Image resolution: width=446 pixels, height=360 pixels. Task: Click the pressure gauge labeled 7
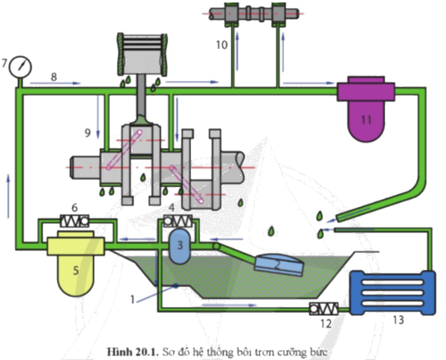coord(20,67)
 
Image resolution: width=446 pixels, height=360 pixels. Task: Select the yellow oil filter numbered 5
coord(76,262)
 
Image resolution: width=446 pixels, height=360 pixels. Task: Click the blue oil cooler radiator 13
coord(392,293)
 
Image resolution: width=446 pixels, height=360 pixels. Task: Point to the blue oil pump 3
coord(180,245)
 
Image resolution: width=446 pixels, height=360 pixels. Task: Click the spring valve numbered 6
coord(75,221)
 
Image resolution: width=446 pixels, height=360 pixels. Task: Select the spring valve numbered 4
coord(178,221)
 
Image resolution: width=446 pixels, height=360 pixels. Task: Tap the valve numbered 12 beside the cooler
coord(324,309)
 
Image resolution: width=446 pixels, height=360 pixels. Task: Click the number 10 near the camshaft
coord(221,45)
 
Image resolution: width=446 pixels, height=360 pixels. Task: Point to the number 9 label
coord(88,133)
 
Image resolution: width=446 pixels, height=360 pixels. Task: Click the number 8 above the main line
coord(54,77)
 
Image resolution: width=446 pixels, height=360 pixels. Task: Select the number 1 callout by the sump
coord(132,299)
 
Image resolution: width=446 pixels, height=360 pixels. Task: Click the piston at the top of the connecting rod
coord(142,54)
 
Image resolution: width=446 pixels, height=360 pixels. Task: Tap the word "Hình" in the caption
coord(117,352)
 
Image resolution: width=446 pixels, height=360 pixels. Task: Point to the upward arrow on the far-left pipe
coord(8,197)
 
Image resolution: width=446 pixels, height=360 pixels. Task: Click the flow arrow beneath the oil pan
coord(229,305)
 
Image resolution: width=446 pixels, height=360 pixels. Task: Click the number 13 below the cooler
coord(398,320)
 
